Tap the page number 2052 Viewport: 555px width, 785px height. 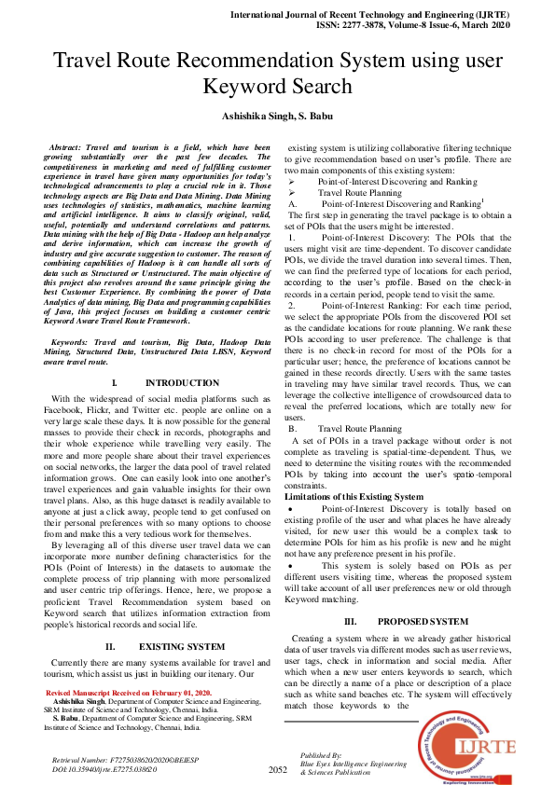click(278, 770)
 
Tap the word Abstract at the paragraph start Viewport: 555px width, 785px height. click(64, 148)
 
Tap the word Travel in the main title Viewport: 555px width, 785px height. click(84, 62)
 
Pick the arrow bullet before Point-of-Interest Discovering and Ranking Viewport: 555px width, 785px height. click(291, 182)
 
